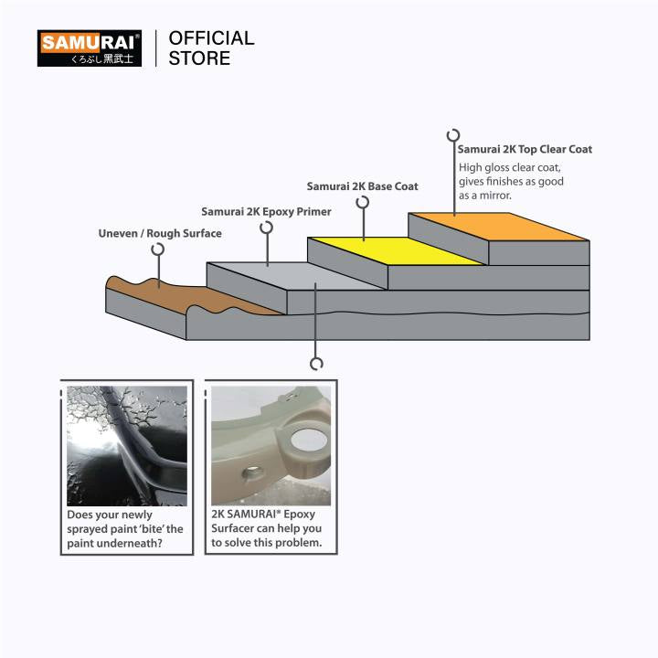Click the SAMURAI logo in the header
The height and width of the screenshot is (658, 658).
89,48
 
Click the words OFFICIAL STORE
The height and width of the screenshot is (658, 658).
211,48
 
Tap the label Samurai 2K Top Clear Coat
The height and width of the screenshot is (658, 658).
525,149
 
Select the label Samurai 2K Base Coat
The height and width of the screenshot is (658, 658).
363,186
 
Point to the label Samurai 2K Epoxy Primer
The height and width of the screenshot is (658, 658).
266,212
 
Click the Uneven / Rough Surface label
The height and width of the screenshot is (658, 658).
160,234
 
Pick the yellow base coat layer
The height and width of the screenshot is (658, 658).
393,250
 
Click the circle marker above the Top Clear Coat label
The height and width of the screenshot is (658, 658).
452,135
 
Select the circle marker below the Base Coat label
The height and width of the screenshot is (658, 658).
364,202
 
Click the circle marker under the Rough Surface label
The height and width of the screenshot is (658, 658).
159,248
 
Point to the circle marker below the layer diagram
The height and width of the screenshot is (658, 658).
316,363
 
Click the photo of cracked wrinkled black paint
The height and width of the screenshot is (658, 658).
126,445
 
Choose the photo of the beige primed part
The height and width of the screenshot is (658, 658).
271,445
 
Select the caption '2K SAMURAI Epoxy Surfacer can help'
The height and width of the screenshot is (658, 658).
266,528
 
